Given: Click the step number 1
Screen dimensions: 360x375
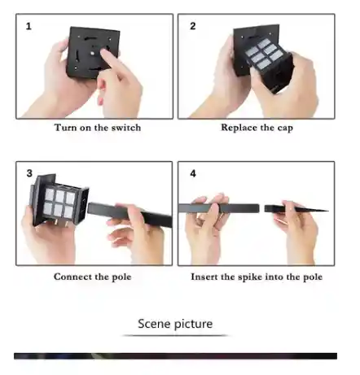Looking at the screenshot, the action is (x=29, y=26).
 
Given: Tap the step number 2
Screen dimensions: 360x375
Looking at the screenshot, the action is (x=193, y=26).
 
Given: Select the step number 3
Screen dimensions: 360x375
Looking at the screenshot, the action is (x=29, y=173).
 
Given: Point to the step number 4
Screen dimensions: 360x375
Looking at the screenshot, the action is (x=193, y=173).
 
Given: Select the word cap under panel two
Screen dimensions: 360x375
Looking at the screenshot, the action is (x=285, y=128).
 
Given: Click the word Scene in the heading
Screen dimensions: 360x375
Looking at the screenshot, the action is (x=154, y=324).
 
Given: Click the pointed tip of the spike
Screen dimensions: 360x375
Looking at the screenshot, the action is (x=328, y=211).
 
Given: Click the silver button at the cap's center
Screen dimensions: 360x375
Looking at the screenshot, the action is (x=94, y=54).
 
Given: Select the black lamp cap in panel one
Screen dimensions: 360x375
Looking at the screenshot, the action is (x=92, y=51).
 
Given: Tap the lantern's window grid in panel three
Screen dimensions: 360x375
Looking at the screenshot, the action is (x=59, y=203).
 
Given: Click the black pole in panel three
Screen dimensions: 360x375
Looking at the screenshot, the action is (x=130, y=214).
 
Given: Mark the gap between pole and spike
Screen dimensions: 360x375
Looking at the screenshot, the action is (x=261, y=208).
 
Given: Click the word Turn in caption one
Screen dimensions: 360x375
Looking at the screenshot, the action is (x=65, y=128).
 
